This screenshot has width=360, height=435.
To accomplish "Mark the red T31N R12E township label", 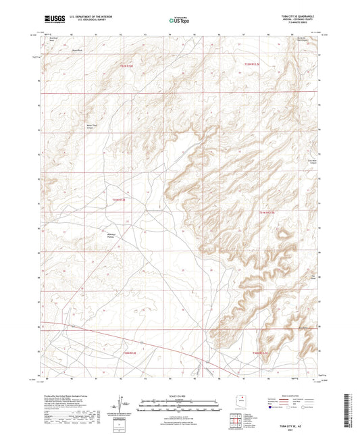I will coord(119,199).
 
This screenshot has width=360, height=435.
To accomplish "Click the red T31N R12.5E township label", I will coord(268,212).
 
